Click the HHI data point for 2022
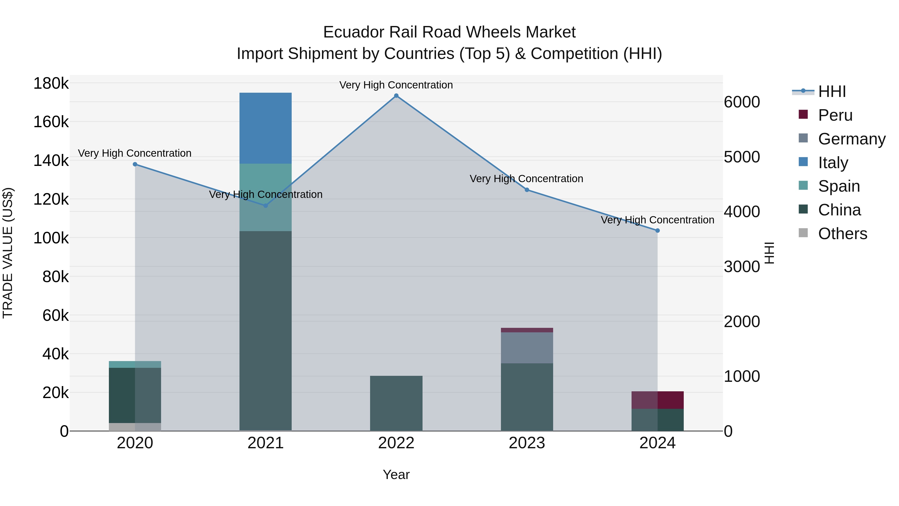point(396,96)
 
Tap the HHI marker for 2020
point(135,164)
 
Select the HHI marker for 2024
point(658,230)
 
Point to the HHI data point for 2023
point(527,190)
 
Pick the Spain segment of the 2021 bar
point(266,197)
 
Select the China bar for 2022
point(396,403)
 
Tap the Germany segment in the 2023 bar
point(527,348)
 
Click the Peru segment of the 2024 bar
point(658,400)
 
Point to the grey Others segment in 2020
point(135,427)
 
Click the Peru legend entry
point(835,115)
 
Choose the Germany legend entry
point(852,139)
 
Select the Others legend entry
point(843,234)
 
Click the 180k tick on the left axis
point(51,84)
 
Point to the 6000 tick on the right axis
point(742,102)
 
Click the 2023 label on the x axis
point(527,443)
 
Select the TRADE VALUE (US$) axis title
point(8,253)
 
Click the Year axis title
point(396,475)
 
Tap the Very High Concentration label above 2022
point(396,85)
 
